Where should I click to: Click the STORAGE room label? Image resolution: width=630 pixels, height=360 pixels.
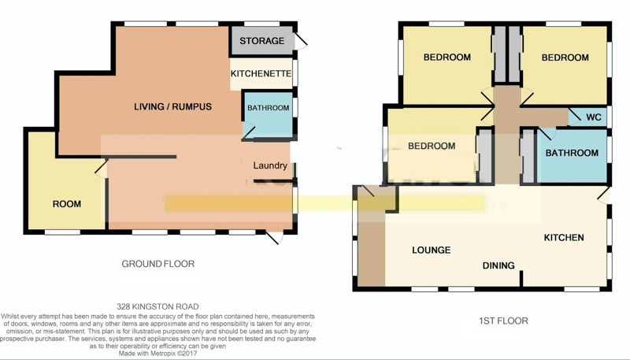262,41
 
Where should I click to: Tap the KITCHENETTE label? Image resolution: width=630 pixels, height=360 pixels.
261,73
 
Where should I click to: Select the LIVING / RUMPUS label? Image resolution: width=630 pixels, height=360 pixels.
172,106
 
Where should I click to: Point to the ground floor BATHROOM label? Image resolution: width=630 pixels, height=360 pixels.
268,108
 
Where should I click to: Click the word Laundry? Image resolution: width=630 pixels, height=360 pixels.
270,165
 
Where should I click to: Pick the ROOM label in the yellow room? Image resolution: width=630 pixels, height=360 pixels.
67,204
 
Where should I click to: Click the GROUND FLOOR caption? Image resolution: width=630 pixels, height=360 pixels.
158,264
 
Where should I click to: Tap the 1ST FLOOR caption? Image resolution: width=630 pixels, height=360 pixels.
503,321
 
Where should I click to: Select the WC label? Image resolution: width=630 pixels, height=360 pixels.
594,117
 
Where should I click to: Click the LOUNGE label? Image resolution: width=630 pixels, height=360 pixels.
431,250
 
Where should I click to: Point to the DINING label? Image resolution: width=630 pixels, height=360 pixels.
498,265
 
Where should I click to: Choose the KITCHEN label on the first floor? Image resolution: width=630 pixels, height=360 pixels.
564,237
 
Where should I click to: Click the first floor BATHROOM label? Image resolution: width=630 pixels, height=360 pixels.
572,153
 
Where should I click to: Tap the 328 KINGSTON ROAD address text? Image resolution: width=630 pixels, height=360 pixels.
158,306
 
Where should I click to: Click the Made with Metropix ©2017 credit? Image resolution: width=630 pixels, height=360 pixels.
158,354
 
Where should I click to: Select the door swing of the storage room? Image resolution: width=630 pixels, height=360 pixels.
301,42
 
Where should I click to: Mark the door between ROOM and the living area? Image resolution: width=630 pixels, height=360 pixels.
102,169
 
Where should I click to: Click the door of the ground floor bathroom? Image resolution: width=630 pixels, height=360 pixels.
248,132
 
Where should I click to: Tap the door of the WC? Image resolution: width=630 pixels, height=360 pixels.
575,115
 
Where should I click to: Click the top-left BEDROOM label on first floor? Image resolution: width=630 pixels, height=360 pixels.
447,57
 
